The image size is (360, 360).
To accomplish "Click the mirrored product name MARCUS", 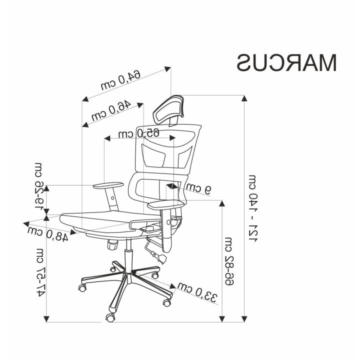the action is pyautogui.click(x=286, y=63).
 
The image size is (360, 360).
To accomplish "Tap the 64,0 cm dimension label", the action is pyautogui.click(x=120, y=79).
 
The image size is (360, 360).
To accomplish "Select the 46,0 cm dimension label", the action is pyautogui.click(x=111, y=110).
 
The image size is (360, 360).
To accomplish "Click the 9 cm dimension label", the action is pyautogui.click(x=198, y=188).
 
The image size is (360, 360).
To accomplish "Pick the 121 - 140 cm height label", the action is pyautogui.click(x=253, y=208).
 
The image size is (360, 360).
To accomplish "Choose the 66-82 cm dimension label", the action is pyautogui.click(x=228, y=261).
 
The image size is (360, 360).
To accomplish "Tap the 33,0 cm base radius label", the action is pyautogui.click(x=197, y=292).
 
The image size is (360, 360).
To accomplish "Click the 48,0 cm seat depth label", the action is pyautogui.click(x=48, y=234).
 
